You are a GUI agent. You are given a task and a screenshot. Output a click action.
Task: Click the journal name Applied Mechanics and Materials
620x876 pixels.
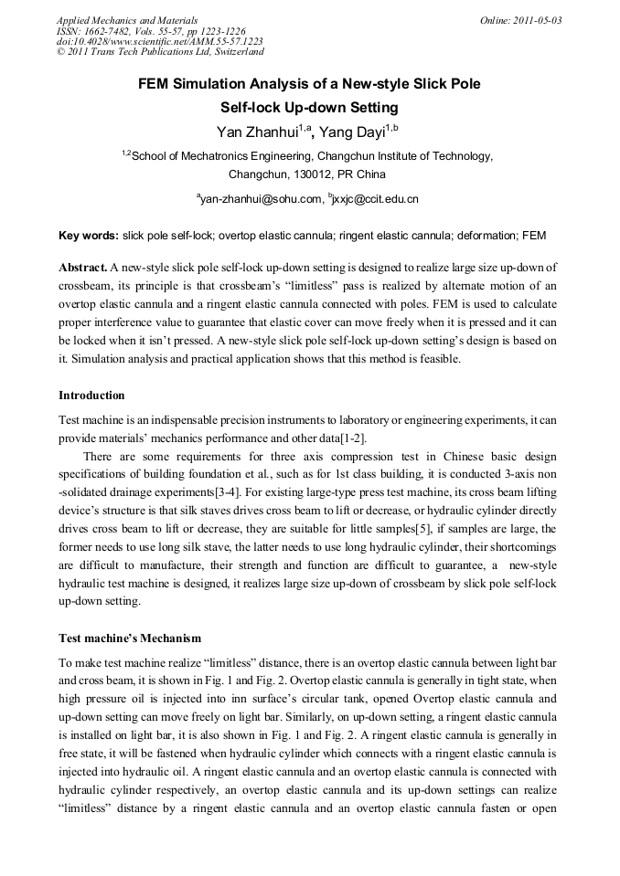coord(127,19)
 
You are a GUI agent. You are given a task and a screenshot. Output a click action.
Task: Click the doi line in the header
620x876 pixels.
coord(160,41)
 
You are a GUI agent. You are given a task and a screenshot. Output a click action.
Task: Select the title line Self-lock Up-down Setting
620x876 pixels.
coord(309,107)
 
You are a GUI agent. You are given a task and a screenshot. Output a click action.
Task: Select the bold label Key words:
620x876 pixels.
coord(88,236)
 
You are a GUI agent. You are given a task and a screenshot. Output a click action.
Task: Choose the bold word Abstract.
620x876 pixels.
coord(82,268)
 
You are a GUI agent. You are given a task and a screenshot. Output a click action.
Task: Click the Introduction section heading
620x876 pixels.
coord(91,396)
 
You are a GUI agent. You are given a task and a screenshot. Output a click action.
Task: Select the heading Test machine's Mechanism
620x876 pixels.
coord(130,638)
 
